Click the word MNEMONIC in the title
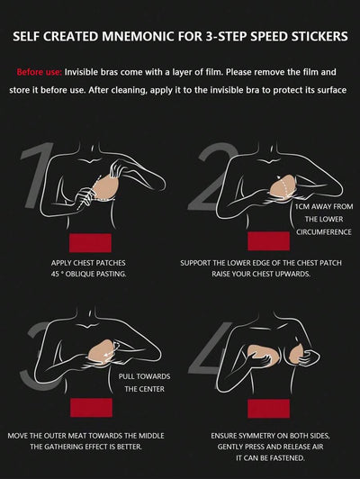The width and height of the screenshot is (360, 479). point(139,36)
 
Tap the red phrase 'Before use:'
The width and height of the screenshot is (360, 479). point(40,72)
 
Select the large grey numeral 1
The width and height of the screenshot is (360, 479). point(37,175)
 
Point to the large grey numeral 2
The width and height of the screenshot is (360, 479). point(212,176)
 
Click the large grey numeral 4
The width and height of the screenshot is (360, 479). point(210,349)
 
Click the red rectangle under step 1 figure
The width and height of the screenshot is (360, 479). point(90,243)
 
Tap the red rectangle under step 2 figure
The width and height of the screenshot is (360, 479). point(268,241)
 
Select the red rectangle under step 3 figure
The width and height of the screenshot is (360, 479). point(91,408)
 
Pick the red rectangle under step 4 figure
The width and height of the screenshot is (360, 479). point(268,409)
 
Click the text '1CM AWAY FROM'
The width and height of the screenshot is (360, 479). point(324,207)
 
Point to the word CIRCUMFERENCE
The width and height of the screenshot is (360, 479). point(324,232)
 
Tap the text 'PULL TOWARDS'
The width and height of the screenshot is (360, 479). point(144,376)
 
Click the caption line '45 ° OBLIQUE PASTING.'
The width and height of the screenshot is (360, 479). point(88,274)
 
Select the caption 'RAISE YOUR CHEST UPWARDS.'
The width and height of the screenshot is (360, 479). point(261,274)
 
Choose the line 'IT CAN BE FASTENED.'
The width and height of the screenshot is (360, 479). point(271,458)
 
